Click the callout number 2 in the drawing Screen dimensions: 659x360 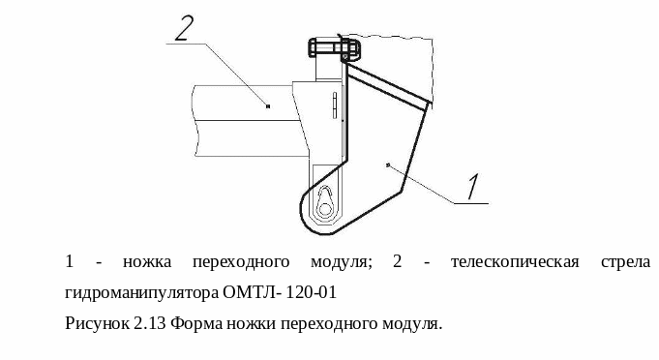(x=184, y=29)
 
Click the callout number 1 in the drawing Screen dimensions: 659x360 (x=473, y=187)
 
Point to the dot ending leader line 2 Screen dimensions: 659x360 (x=268, y=105)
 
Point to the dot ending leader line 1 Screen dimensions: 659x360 (x=387, y=165)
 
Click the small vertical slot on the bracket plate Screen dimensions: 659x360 (x=335, y=105)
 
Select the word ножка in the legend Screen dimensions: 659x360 (x=147, y=262)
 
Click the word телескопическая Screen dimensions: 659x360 (x=515, y=262)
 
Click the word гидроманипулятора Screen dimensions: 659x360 (x=142, y=293)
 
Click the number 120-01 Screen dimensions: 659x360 (x=312, y=292)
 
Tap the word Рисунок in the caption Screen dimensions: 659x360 (x=98, y=324)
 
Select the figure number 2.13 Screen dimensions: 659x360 (x=150, y=323)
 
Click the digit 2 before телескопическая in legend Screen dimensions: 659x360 (x=398, y=261)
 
